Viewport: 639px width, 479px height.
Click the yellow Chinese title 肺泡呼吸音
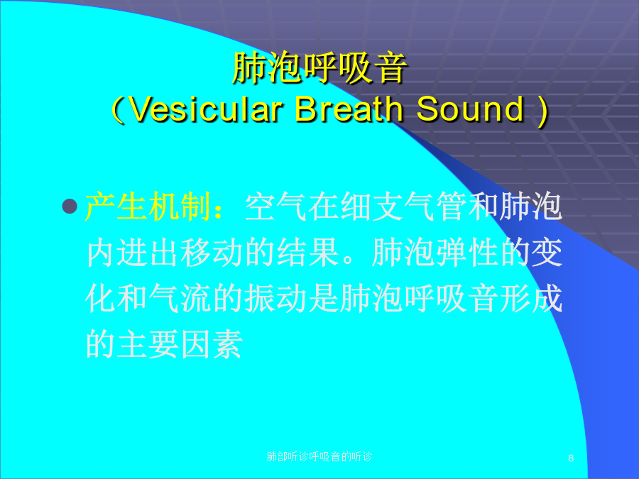(319, 67)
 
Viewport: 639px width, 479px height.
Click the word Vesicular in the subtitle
(207, 109)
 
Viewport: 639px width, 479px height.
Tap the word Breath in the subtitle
(349, 109)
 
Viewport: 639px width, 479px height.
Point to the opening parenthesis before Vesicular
(118, 110)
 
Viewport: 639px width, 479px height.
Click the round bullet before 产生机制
(70, 206)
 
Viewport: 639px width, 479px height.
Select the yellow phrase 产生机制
(148, 206)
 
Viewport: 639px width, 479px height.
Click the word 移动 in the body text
(212, 253)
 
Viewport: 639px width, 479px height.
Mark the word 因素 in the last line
(212, 345)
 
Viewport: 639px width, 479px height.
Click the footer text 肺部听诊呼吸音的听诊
(319, 456)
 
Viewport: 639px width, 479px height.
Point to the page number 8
(571, 458)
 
